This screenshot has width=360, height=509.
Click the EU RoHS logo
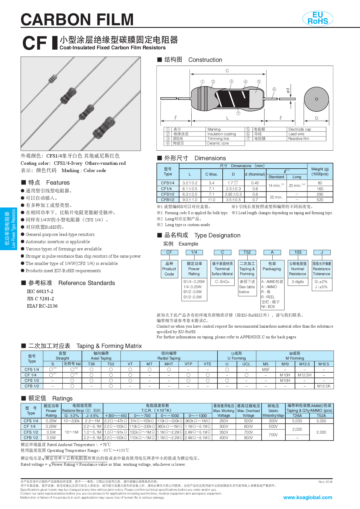pyautogui.click(x=318, y=18)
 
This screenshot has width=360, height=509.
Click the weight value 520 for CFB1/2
pyautogui.click(x=320, y=200)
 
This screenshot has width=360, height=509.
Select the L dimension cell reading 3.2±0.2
pyautogui.click(x=190, y=183)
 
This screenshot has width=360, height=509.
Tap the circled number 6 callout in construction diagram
pyautogui.click(x=274, y=89)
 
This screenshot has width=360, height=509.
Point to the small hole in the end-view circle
pyautogui.click(x=316, y=99)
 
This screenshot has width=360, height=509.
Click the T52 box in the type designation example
pyautogui.click(x=247, y=252)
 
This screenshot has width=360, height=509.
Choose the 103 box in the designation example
pyautogui.click(x=298, y=252)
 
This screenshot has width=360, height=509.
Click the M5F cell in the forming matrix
pyautogui.click(x=266, y=369)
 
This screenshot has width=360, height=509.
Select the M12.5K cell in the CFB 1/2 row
pyautogui.click(x=324, y=386)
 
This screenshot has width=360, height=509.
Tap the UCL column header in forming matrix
pyautogui.click(x=246, y=364)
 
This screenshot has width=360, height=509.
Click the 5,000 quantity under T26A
pyautogui.click(x=297, y=421)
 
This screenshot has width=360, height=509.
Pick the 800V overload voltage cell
pyautogui.click(x=248, y=438)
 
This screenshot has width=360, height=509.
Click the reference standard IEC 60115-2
pyautogui.click(x=40, y=291)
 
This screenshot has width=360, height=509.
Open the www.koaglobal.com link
pyautogui.click(x=307, y=497)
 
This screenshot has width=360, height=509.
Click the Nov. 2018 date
pyautogui.click(x=325, y=482)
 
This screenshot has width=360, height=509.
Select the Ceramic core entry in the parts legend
pyautogui.click(x=218, y=143)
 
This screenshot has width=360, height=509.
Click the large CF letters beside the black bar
pyautogui.click(x=34, y=43)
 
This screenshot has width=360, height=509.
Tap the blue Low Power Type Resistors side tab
pyautogui.click(x=8, y=228)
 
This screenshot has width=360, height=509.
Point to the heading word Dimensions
pyautogui.click(x=210, y=158)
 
